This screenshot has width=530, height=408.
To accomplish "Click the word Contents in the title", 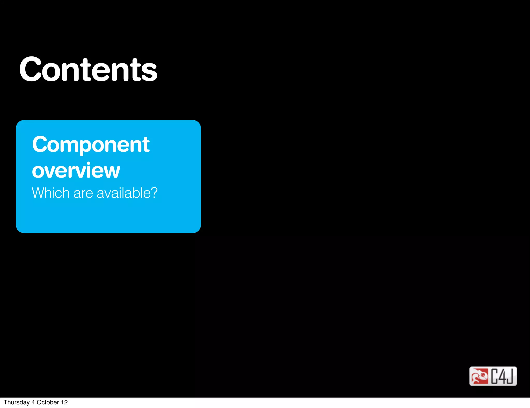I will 88,69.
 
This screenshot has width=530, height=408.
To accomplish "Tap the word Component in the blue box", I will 91,144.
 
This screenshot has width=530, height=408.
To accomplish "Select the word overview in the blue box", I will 76,171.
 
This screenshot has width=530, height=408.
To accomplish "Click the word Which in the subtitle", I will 50,193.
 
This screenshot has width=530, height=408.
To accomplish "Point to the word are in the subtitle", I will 83,193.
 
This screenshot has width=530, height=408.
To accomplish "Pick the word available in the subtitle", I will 123,193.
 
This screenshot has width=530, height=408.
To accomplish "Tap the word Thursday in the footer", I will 17,402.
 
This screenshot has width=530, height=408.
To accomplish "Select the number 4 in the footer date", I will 33,402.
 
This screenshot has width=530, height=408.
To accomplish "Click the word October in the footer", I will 48,402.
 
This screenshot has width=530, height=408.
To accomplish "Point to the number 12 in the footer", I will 64,402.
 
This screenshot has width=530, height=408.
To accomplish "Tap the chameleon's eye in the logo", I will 483,374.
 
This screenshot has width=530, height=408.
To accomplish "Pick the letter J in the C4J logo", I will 510,376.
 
